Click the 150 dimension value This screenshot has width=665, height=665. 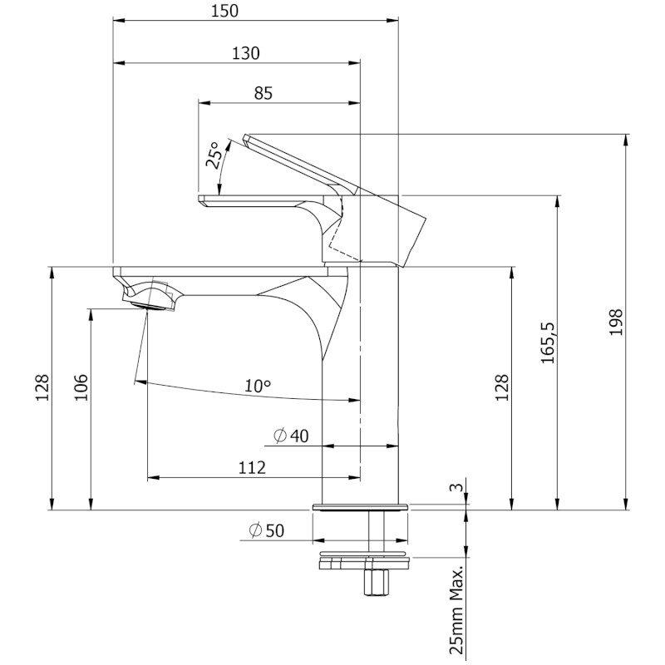click(224, 11)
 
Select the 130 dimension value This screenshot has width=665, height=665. click(246, 53)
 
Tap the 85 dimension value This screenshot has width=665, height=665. click(264, 93)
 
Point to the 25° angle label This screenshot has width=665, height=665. click(214, 155)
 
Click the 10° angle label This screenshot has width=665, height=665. click(258, 386)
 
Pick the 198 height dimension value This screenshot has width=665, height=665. click(616, 322)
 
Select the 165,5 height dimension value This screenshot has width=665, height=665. click(548, 342)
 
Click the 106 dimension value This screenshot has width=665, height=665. click(81, 387)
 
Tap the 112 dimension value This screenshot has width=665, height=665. click(252, 467)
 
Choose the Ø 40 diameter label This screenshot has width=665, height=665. click(292, 436)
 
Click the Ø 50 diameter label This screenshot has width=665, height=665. click(266, 530)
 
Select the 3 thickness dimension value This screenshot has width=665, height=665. click(456, 487)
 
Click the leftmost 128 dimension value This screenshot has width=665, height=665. click(42, 387)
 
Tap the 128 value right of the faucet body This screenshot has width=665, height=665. click(502, 387)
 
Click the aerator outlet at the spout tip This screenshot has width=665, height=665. click(148, 306)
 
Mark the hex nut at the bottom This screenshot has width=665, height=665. click(376, 584)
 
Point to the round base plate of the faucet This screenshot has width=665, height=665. click(361, 507)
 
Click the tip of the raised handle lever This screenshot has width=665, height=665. click(245, 138)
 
